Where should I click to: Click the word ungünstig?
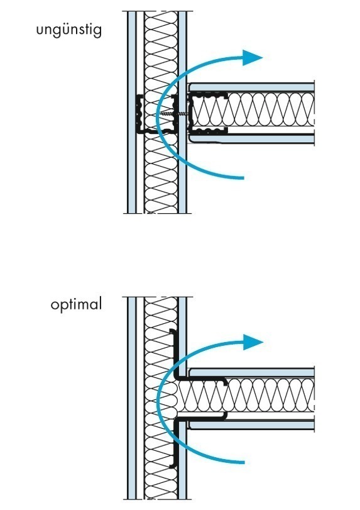pyautogui.click(x=69, y=31)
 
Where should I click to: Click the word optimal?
pyautogui.click(x=77, y=305)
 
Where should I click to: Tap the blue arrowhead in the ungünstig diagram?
pyautogui.click(x=252, y=58)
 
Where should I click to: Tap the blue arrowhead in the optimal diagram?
pyautogui.click(x=253, y=342)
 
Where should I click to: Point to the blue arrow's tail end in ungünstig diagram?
pyautogui.click(x=243, y=177)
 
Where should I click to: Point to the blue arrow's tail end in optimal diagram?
pyautogui.click(x=243, y=462)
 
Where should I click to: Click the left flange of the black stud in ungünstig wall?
pyautogui.click(x=139, y=114)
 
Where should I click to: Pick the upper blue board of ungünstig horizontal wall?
pyautogui.click(x=252, y=87)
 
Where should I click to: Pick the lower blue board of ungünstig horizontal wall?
pyautogui.click(x=252, y=139)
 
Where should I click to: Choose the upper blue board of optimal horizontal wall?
pyautogui.click(x=252, y=373)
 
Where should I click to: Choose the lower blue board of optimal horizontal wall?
pyautogui.click(x=252, y=424)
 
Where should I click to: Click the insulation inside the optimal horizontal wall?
pyautogui.click(x=246, y=395)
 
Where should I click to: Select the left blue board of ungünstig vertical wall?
pyautogui.click(x=131, y=112)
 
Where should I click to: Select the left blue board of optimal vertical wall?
pyautogui.click(x=131, y=398)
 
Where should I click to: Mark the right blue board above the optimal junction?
pyautogui.click(x=182, y=335)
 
